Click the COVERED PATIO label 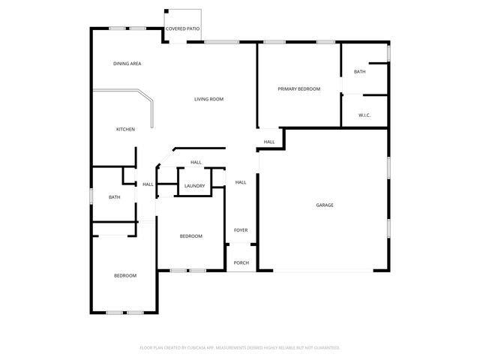(183, 28)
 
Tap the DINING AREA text (127, 64)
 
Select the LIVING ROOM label (209, 99)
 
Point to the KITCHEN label (125, 130)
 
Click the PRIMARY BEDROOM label (299, 89)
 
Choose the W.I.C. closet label (364, 115)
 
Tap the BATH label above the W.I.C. (360, 72)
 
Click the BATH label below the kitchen (114, 197)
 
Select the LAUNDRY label (195, 185)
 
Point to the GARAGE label (325, 205)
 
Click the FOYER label (241, 230)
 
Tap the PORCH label (241, 262)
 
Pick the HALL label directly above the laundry (196, 163)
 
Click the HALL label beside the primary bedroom (269, 142)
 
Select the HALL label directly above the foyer (241, 182)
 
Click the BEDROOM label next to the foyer (191, 237)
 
